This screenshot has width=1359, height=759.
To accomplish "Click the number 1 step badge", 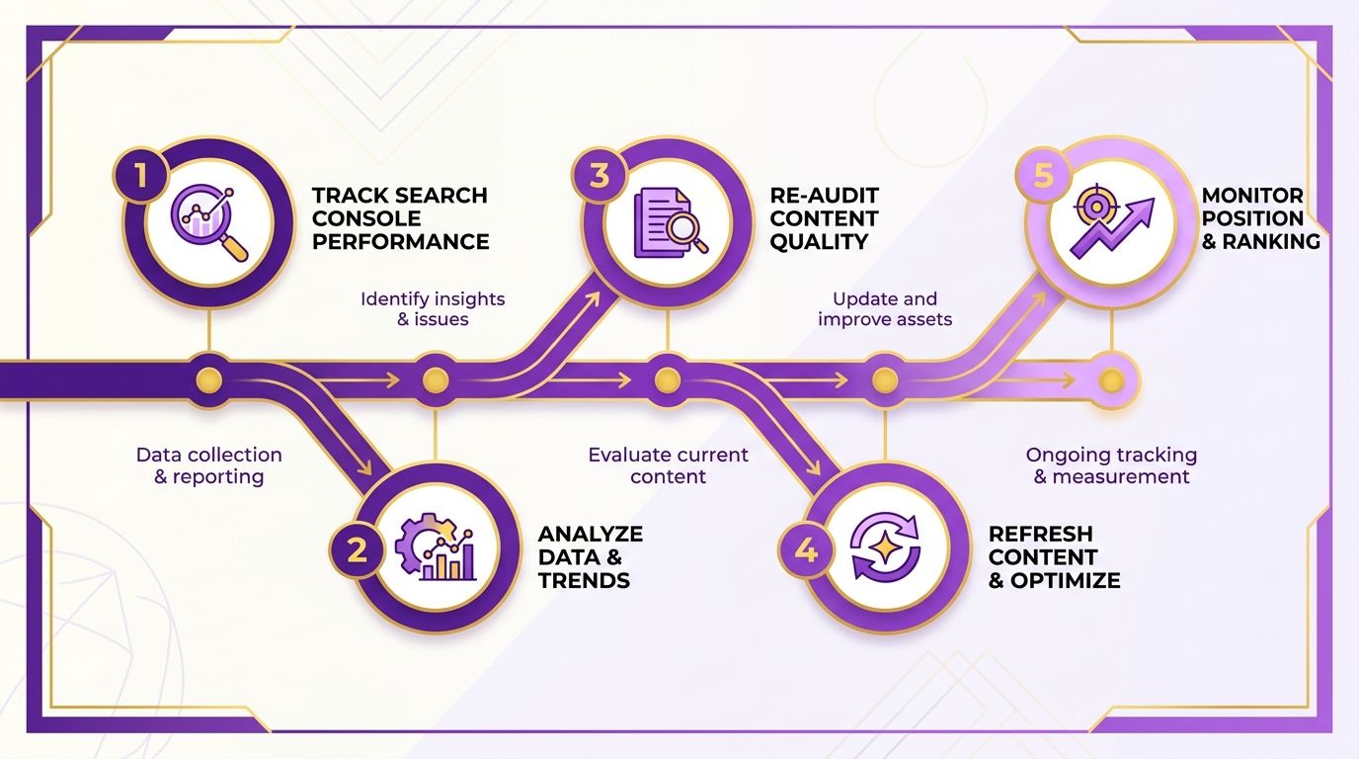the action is [x=141, y=176].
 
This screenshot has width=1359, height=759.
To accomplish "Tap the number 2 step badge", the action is [x=358, y=550].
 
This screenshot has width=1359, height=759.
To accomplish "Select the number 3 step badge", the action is [x=600, y=176].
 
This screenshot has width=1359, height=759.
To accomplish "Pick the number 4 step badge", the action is [x=806, y=550].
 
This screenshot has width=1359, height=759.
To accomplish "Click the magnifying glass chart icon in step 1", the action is [x=209, y=222].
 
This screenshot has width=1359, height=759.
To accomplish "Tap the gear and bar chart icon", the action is [x=435, y=547].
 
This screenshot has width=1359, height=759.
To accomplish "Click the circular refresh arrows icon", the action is [x=885, y=547].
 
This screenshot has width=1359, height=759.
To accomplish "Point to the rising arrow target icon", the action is [x=1111, y=221].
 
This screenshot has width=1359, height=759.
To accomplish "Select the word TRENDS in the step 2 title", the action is [x=584, y=580].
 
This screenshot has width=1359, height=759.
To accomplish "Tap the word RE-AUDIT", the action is [x=824, y=196].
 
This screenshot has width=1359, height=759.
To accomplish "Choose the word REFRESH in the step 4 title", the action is [x=1041, y=534].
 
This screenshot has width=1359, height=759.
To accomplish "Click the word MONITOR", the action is [x=1252, y=196].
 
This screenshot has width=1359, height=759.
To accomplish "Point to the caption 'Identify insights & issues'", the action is [x=433, y=309].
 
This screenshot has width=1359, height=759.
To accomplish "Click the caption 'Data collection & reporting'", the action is [x=208, y=465].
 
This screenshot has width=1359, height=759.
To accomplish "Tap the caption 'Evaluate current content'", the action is [x=668, y=465].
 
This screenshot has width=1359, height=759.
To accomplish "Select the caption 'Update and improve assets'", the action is [x=885, y=309].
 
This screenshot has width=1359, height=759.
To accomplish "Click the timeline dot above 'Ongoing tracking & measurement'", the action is [x=1111, y=380].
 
